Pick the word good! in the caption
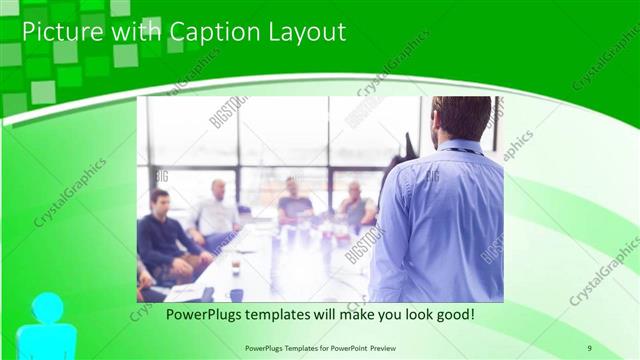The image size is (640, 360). (x=452, y=314)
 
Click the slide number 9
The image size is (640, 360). (x=589, y=347)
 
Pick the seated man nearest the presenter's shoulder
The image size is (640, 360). (x=355, y=206)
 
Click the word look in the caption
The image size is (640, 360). (x=405, y=314)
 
